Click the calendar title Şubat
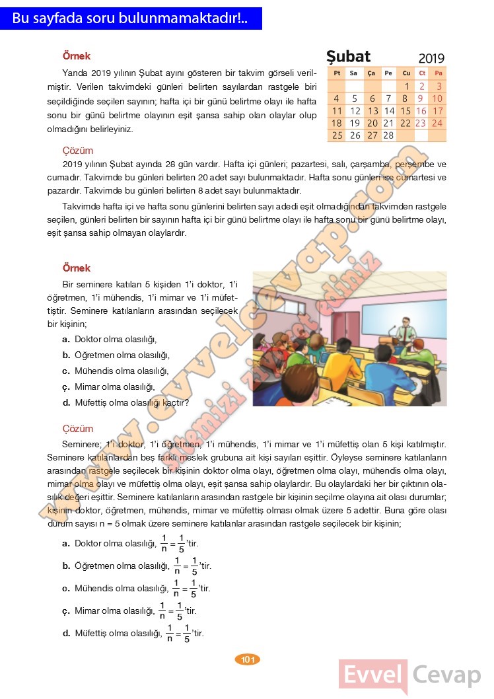pyautogui.click(x=349, y=56)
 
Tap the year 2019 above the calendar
pyautogui.click(x=431, y=58)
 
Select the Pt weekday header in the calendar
pyautogui.click(x=337, y=73)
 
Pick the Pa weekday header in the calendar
pyautogui.click(x=438, y=73)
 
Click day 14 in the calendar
pyautogui.click(x=389, y=111)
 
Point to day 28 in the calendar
pyautogui.click(x=388, y=135)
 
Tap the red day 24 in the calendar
pyautogui.click(x=437, y=123)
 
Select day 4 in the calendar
pyautogui.click(x=337, y=98)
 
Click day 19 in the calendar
pyautogui.click(x=355, y=123)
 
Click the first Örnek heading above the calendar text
pyautogui.click(x=76, y=56)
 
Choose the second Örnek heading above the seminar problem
pyautogui.click(x=76, y=268)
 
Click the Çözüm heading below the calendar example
pyautogui.click(x=77, y=151)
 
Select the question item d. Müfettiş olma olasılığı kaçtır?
pyautogui.click(x=126, y=402)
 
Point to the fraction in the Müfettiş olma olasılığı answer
pyautogui.click(x=178, y=633)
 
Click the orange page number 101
pyautogui.click(x=248, y=659)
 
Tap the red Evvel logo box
pyautogui.click(x=373, y=675)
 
